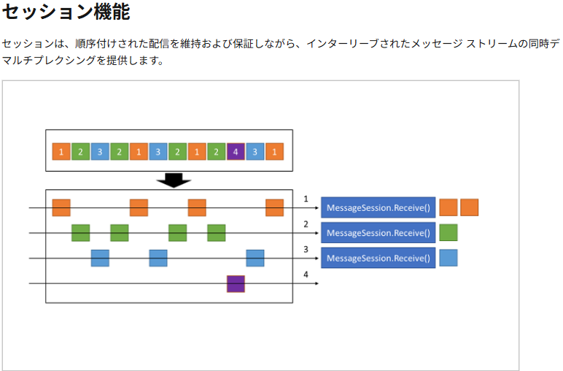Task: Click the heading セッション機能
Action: [x=66, y=13]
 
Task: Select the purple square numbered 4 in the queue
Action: [x=236, y=152]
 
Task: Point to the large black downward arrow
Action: [x=174, y=180]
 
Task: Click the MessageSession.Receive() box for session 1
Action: [x=378, y=208]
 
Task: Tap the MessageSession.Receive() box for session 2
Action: [x=378, y=233]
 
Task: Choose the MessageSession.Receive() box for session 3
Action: [x=378, y=258]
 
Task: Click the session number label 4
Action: [x=306, y=275]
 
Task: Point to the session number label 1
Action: [x=306, y=199]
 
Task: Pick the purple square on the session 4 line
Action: [x=236, y=283]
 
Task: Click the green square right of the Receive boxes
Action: [x=449, y=233]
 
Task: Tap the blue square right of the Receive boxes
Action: [x=449, y=258]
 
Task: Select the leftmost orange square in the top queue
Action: [x=61, y=152]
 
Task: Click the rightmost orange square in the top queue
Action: [x=274, y=152]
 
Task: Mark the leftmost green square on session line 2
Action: [x=81, y=233]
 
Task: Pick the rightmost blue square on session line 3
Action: [x=255, y=258]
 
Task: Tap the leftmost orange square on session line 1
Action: [x=61, y=207]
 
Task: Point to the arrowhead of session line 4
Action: [x=317, y=283]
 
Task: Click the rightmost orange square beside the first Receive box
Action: [x=469, y=207]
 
